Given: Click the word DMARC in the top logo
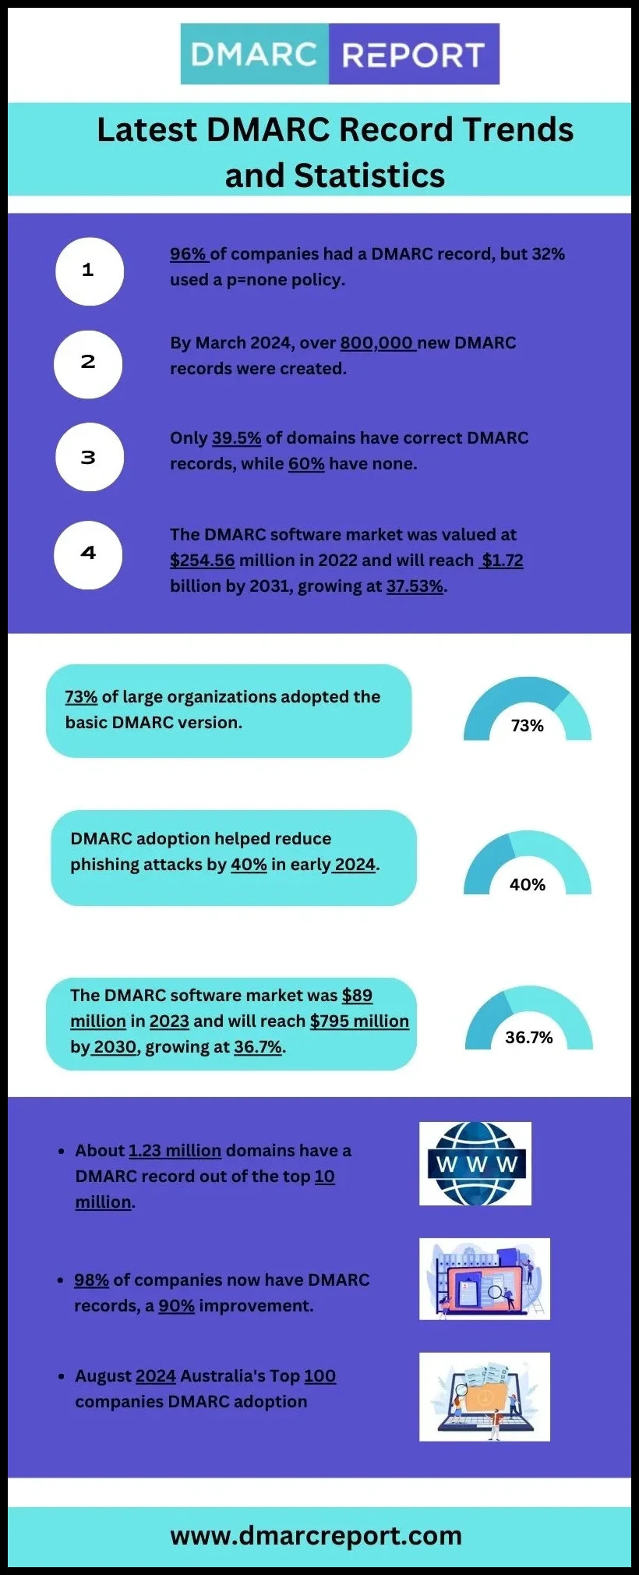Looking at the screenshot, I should coord(254,55).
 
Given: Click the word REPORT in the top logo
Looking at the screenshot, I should coord(413,55).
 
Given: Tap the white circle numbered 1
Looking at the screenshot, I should coord(89,271).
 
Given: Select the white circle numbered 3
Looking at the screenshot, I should coord(89,457).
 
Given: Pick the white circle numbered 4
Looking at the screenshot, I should coord(88,554).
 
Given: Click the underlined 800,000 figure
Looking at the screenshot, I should coord(377,343).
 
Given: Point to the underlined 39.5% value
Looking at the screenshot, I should coord(236,438).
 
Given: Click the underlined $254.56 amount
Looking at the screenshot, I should coord(202,561).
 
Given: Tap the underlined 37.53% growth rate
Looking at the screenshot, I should coord(415,586).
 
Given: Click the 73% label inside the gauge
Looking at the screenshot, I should coord(528,726).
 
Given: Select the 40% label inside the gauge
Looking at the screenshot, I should coord(528,885).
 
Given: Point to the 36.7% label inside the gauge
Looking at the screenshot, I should coord(528,1038).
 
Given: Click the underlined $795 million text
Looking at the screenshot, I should coord(359,1021).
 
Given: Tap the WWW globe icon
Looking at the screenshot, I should coord(475,1164).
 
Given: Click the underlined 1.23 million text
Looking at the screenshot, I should coord(175,1151).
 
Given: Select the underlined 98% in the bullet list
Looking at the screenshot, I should coord(91,1280).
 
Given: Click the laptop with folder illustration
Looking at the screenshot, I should coord(485,1397).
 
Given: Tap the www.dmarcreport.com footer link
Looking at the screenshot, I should coord(316,1536).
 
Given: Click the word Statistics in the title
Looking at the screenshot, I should coord(369,175).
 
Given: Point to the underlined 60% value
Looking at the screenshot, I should coord(306,464).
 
